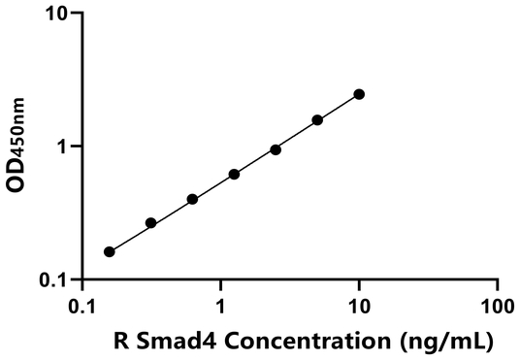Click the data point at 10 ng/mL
(359, 94)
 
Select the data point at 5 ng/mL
(317, 120)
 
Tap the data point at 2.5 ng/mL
(276, 149)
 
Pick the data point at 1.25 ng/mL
(234, 175)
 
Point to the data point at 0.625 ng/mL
(192, 199)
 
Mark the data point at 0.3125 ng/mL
(150, 223)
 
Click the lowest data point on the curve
(109, 251)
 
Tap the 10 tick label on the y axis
(55, 15)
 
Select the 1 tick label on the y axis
(61, 147)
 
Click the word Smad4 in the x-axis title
(172, 342)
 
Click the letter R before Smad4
(120, 342)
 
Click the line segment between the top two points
(339, 107)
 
